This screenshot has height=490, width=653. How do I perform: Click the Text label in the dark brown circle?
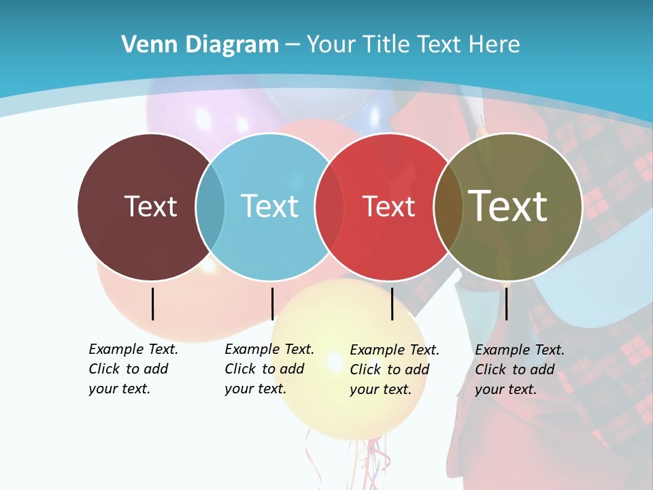click(x=150, y=206)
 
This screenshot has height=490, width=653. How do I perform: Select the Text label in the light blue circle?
click(x=269, y=206)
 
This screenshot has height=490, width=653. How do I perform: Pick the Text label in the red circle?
click(x=388, y=206)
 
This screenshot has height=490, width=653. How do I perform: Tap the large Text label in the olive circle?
click(x=507, y=206)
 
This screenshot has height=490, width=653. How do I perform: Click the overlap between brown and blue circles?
click(x=210, y=206)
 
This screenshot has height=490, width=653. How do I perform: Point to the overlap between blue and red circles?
click(x=329, y=206)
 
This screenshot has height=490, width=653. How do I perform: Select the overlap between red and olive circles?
click(x=448, y=206)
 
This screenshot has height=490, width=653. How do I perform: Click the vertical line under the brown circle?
click(x=153, y=304)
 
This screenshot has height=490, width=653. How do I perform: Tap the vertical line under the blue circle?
click(x=272, y=304)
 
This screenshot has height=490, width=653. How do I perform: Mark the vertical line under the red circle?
click(x=392, y=304)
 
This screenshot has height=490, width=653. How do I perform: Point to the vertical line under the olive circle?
click(x=507, y=304)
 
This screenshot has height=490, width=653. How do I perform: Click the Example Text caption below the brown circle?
click(x=133, y=369)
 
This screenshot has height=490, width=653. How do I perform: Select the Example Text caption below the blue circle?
click(x=269, y=369)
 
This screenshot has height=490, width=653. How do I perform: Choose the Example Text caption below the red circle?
click(x=394, y=370)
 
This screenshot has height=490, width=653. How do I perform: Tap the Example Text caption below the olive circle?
click(x=519, y=370)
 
